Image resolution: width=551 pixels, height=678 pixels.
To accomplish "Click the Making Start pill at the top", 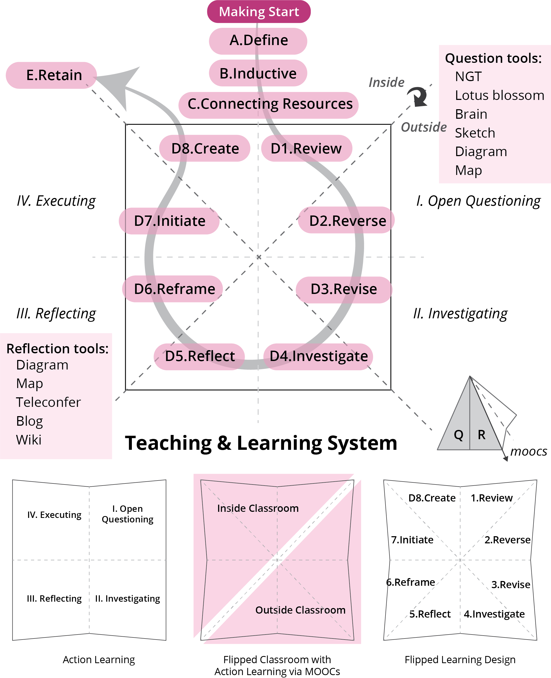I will coord(259,12).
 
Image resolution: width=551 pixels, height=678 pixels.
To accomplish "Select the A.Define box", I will coord(258,41).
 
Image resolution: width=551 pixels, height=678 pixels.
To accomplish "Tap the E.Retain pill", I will coord(51,75).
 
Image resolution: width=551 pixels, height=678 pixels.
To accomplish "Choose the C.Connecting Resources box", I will coord(268,104).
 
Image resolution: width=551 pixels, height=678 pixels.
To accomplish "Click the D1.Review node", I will coord(306,148).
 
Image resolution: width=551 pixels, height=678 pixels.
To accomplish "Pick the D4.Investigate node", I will coord(318,356).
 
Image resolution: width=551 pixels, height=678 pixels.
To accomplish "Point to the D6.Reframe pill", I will coord(173,289).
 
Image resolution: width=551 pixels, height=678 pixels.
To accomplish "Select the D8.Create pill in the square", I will coord(205,148).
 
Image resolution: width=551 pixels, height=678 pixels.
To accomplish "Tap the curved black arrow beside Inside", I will coord(418,96).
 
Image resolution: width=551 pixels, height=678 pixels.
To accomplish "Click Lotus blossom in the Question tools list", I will coord(499,95).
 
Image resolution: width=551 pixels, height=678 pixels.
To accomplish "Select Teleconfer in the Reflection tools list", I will coord(48,402).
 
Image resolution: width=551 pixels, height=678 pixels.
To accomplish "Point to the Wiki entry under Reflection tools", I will coord(29,440).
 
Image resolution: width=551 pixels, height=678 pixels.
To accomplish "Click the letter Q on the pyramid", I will coord(458,435).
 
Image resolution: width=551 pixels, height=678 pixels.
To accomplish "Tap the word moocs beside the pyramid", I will coord(528,451).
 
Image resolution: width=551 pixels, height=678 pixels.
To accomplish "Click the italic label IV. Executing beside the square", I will coord(56,201).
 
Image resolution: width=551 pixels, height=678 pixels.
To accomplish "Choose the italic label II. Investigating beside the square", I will coord(460,314).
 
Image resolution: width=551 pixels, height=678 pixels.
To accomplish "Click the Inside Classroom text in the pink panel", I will coord(258,508).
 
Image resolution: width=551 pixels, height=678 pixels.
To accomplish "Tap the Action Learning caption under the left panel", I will coord(99,659).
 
